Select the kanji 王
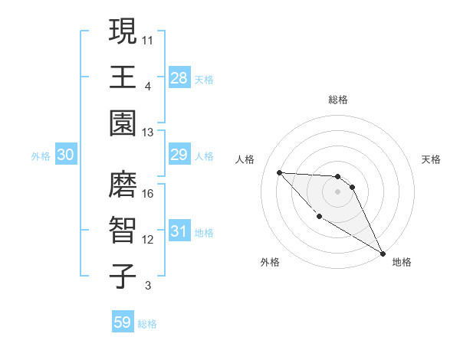(123, 77)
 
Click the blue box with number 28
(179, 77)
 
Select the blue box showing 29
(179, 155)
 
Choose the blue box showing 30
(66, 155)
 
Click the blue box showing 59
(123, 322)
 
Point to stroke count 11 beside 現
(148, 38)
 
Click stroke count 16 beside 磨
(148, 193)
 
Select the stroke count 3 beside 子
(148, 286)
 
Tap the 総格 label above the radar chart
(338, 100)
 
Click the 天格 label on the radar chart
(432, 159)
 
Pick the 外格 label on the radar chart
(270, 262)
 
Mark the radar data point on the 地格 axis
(383, 254)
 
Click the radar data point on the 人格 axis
(279, 172)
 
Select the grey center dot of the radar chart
(338, 191)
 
